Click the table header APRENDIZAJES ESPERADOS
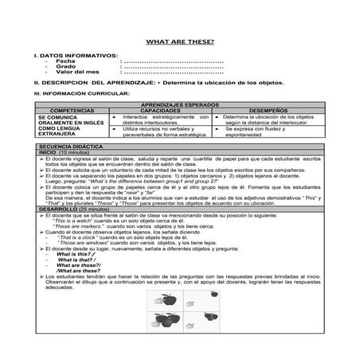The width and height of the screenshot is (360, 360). tap(180, 104)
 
